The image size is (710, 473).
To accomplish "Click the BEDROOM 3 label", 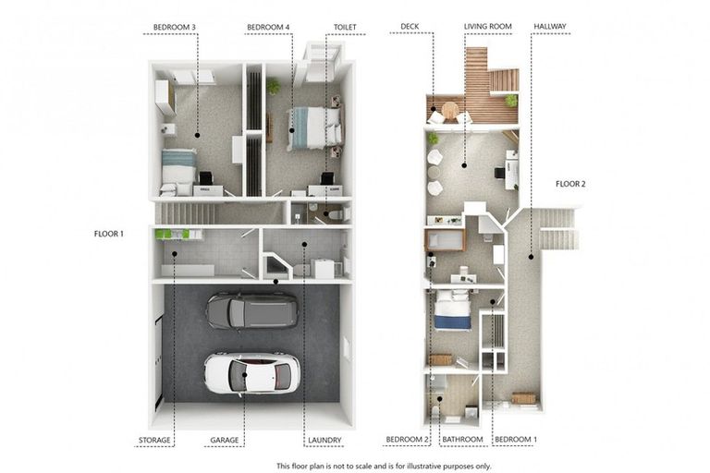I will tap(176, 28).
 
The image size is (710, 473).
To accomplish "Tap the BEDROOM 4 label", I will tap(267, 28).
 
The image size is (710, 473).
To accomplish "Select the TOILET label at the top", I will tap(345, 28).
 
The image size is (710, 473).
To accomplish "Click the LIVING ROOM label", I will tap(488, 28).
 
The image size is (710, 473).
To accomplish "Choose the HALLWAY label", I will tap(550, 28).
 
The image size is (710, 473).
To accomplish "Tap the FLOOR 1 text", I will tap(108, 234).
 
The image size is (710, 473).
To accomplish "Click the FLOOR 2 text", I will tap(570, 184).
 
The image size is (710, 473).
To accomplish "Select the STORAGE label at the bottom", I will tap(154, 440).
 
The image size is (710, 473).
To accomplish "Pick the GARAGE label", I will tap(224, 440).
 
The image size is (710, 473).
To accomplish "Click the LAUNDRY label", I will tap(324, 440).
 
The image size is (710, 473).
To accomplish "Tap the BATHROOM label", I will tap(462, 440).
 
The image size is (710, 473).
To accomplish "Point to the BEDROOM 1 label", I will tap(515, 440).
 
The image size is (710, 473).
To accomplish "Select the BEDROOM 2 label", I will tap(408, 440).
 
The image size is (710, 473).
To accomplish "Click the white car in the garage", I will tap(251, 373).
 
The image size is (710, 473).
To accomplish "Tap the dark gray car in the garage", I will tap(251, 310).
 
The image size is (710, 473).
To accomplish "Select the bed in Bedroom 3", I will tap(178, 169).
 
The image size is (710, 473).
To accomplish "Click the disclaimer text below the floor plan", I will tap(384, 466).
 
